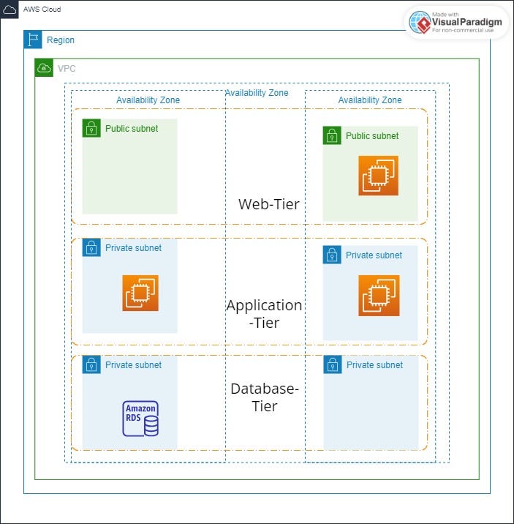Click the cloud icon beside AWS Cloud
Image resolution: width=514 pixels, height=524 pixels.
point(10,10)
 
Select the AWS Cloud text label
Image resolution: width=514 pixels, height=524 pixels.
point(42,10)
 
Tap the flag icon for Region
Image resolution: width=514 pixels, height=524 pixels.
point(33,40)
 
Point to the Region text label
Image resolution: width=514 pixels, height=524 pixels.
point(61,40)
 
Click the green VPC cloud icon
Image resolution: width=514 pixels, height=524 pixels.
point(44,69)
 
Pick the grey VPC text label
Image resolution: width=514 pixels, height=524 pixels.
point(67,69)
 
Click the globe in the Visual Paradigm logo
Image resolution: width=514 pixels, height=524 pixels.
point(420,23)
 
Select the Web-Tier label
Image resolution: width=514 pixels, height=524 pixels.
point(268,204)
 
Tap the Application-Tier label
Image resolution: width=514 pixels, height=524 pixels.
point(264,313)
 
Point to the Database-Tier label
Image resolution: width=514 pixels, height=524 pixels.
point(264,397)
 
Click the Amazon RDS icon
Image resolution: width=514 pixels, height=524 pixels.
point(140,419)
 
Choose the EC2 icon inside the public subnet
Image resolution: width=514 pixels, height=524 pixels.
point(378,176)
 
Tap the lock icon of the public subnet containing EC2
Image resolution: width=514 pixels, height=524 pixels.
point(332,135)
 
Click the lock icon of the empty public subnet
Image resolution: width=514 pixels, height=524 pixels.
point(91,128)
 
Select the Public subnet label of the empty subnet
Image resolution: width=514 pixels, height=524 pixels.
point(132,129)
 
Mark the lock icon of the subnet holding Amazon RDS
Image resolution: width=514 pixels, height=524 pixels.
point(91,364)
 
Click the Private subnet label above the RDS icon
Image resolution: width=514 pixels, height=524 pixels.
point(133,365)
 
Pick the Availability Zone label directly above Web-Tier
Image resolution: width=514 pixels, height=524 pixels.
point(257,93)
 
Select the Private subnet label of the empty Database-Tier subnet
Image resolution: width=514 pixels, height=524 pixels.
point(374,365)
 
